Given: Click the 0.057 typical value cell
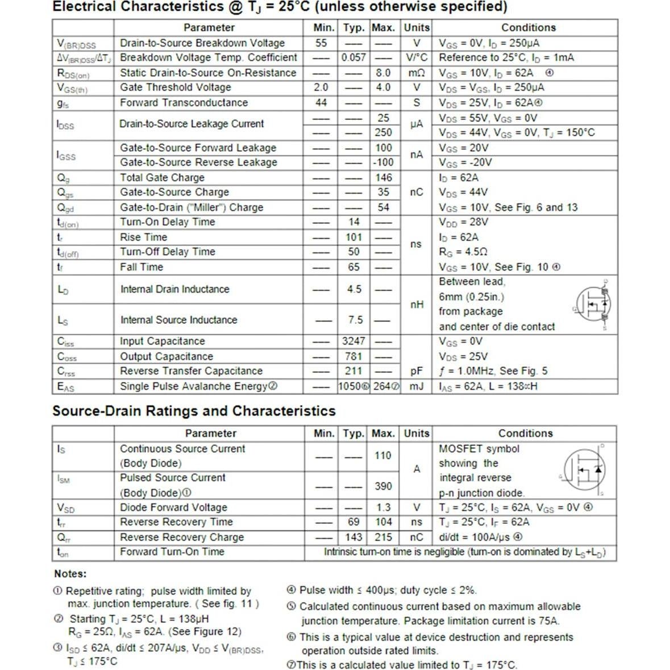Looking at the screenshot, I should [x=353, y=57].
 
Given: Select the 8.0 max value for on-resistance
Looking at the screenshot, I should [x=383, y=73].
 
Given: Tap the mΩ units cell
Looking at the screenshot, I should [x=417, y=73].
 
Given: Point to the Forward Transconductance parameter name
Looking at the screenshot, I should [x=184, y=103].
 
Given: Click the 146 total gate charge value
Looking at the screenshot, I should [x=384, y=177].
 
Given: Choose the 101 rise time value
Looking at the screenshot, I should [x=353, y=237].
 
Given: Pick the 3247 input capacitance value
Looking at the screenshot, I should [x=353, y=341].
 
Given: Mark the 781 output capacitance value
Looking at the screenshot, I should [x=353, y=356].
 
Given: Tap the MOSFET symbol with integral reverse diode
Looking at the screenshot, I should [x=584, y=470].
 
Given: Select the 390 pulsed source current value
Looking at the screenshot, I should [x=383, y=486].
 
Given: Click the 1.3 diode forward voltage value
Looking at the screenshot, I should [x=384, y=507].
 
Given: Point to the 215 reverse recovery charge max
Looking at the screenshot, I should [x=384, y=537].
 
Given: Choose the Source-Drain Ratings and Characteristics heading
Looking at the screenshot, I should [x=194, y=411].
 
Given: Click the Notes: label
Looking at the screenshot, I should [x=70, y=573].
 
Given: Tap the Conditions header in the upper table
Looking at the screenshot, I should [x=528, y=27].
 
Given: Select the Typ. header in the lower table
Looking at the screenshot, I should [x=353, y=433].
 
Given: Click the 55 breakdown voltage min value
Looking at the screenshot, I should [x=321, y=43].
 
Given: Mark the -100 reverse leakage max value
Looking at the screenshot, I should [x=383, y=162].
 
